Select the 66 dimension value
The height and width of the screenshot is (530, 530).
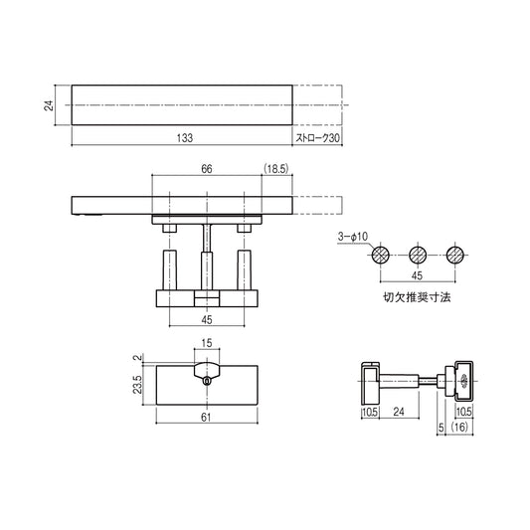click(206, 169)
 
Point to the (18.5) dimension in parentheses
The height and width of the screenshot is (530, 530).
click(275, 169)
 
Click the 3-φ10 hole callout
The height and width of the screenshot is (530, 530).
click(352, 237)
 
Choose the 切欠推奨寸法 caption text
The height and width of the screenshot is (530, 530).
click(417, 296)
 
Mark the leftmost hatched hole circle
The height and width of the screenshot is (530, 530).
click(379, 255)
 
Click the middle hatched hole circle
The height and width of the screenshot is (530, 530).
click(417, 255)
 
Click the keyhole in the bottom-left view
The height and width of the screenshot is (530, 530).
click(206, 380)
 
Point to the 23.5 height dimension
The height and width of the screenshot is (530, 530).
click(138, 385)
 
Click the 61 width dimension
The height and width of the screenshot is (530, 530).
click(206, 419)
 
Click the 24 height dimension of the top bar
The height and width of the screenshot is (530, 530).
click(49, 104)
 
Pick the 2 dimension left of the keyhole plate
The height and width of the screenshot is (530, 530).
click(138, 357)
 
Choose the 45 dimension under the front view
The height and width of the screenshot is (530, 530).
click(206, 320)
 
